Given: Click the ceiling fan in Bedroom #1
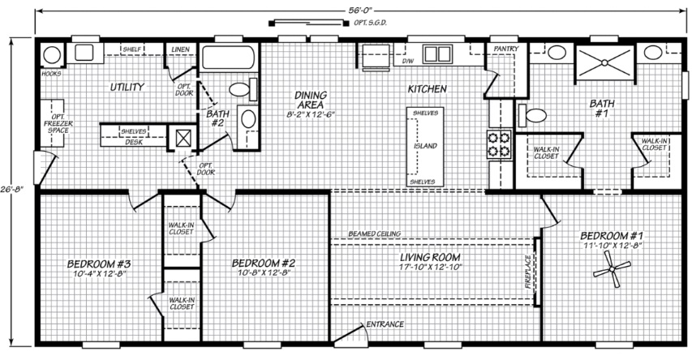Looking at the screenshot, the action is pos(612,268).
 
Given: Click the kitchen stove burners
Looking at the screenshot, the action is pos(499,144).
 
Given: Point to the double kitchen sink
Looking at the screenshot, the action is pos(437,54).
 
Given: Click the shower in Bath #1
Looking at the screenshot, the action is pos(604,63).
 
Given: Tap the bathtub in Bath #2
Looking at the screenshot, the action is pos(228,58).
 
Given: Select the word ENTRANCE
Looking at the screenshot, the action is pos(385,324).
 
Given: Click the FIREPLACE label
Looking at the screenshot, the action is pos(528,272).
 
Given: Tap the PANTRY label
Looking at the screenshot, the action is pos(505,49).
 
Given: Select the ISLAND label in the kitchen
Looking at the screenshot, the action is pos(425,146).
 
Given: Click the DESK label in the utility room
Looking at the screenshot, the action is pos(133,142).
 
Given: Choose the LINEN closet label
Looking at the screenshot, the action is pos(180,49).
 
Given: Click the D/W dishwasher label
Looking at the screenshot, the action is pos(408,61).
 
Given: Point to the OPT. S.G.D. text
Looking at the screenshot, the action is pos(370,23).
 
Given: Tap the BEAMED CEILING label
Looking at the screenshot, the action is pos(375,234).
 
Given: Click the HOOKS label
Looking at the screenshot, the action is pos(51,74).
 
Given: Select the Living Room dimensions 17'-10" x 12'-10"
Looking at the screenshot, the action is pos(430,267).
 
